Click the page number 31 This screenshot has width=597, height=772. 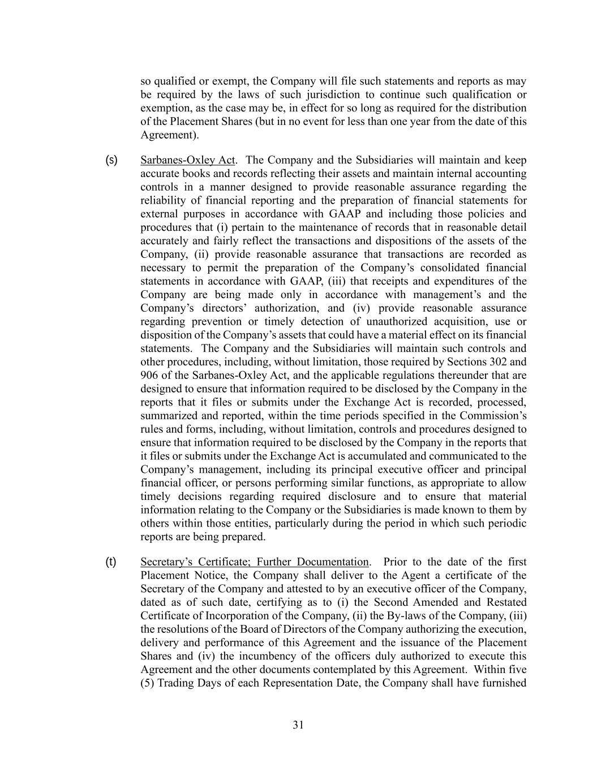[x=298, y=725]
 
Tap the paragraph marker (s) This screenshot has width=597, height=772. [x=111, y=160]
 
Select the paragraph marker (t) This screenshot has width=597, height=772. [x=111, y=562]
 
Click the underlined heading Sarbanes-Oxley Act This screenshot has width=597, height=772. [x=187, y=160]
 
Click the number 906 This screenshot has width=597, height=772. [x=149, y=376]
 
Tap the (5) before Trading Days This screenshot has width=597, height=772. [x=147, y=683]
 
